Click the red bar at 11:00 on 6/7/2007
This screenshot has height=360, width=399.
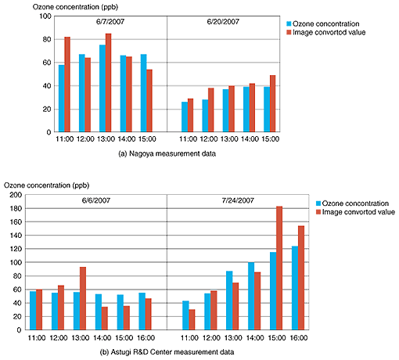(x=67, y=85)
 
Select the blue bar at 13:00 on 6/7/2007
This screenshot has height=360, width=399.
(x=102, y=88)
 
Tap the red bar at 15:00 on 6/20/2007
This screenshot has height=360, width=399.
(x=272, y=103)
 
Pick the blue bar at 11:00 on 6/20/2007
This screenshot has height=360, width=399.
(x=185, y=117)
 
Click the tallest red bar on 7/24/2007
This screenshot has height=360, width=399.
(x=279, y=268)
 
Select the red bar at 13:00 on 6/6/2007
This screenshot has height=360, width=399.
(x=83, y=298)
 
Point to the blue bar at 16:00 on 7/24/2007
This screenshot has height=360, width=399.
(x=295, y=288)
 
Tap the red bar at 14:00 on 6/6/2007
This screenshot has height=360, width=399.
(x=105, y=319)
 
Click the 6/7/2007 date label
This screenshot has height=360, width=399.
(x=110, y=22)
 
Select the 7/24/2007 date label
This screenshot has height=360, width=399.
(x=238, y=200)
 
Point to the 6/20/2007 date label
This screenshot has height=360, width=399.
(x=223, y=22)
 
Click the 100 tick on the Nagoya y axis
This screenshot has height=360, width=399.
(x=45, y=16)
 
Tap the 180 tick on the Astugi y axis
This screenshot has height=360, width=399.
(x=16, y=208)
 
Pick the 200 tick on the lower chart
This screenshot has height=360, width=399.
(x=16, y=195)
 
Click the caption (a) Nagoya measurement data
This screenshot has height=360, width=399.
(x=167, y=153)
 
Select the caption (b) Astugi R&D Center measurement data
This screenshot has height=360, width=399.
(x=167, y=352)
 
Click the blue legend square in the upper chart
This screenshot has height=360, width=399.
(x=289, y=23)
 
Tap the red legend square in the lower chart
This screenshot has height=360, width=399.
(x=318, y=212)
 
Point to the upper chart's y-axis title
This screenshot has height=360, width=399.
(x=75, y=7)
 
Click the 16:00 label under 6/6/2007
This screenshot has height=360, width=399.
(x=146, y=338)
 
